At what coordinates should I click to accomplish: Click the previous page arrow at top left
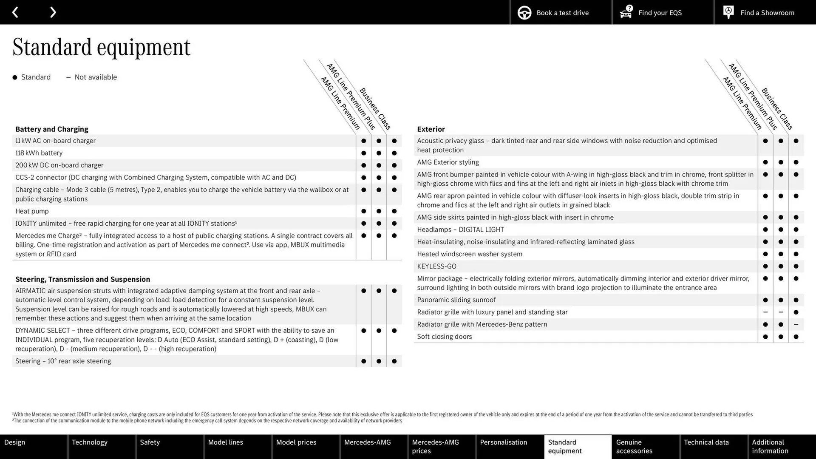(x=15, y=12)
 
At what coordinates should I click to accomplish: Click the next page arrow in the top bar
(x=53, y=12)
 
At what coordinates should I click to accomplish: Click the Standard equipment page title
(x=102, y=47)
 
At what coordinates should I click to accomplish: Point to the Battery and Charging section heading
(x=52, y=129)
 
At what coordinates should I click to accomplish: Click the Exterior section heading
(x=431, y=129)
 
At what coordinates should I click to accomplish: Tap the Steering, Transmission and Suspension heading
(x=83, y=279)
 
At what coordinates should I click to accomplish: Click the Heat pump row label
(x=32, y=211)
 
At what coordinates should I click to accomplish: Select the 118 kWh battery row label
(x=39, y=153)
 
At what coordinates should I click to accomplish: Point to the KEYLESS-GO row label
(x=437, y=266)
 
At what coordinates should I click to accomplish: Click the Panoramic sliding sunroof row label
(x=456, y=300)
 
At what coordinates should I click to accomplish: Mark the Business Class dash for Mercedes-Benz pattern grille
(x=796, y=324)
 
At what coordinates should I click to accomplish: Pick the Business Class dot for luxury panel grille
(x=796, y=312)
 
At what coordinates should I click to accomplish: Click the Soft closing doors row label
(x=445, y=337)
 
